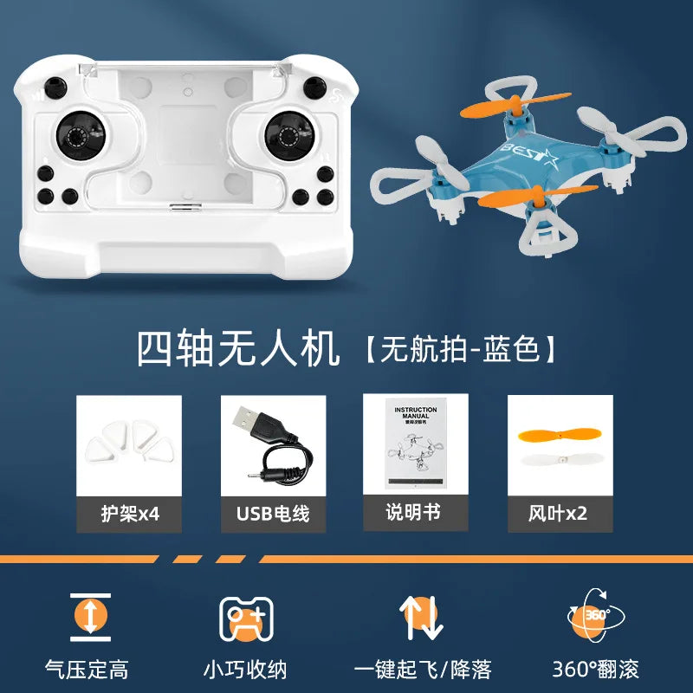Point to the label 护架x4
[x=129, y=514]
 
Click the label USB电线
[x=273, y=514]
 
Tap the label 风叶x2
[x=560, y=514]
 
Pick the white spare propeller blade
[x=560, y=461]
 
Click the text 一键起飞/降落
[x=424, y=669]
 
